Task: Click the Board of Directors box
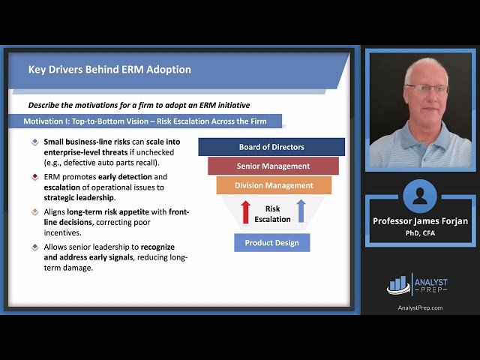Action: [x=271, y=147]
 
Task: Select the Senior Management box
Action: [x=273, y=166]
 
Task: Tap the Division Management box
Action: [x=274, y=185]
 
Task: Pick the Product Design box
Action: [x=271, y=242]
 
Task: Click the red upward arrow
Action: [x=245, y=211]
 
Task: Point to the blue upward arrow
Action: [x=301, y=211]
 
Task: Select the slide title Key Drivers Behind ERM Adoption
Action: [x=109, y=70]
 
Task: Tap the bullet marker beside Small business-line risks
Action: [x=34, y=142]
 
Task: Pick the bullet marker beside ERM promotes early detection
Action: [x=34, y=177]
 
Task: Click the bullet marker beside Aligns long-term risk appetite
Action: [x=34, y=212]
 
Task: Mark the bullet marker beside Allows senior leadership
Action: [x=34, y=247]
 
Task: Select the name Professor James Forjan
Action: [x=419, y=221]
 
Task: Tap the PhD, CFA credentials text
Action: [x=419, y=232]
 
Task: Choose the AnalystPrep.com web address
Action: [x=419, y=307]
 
